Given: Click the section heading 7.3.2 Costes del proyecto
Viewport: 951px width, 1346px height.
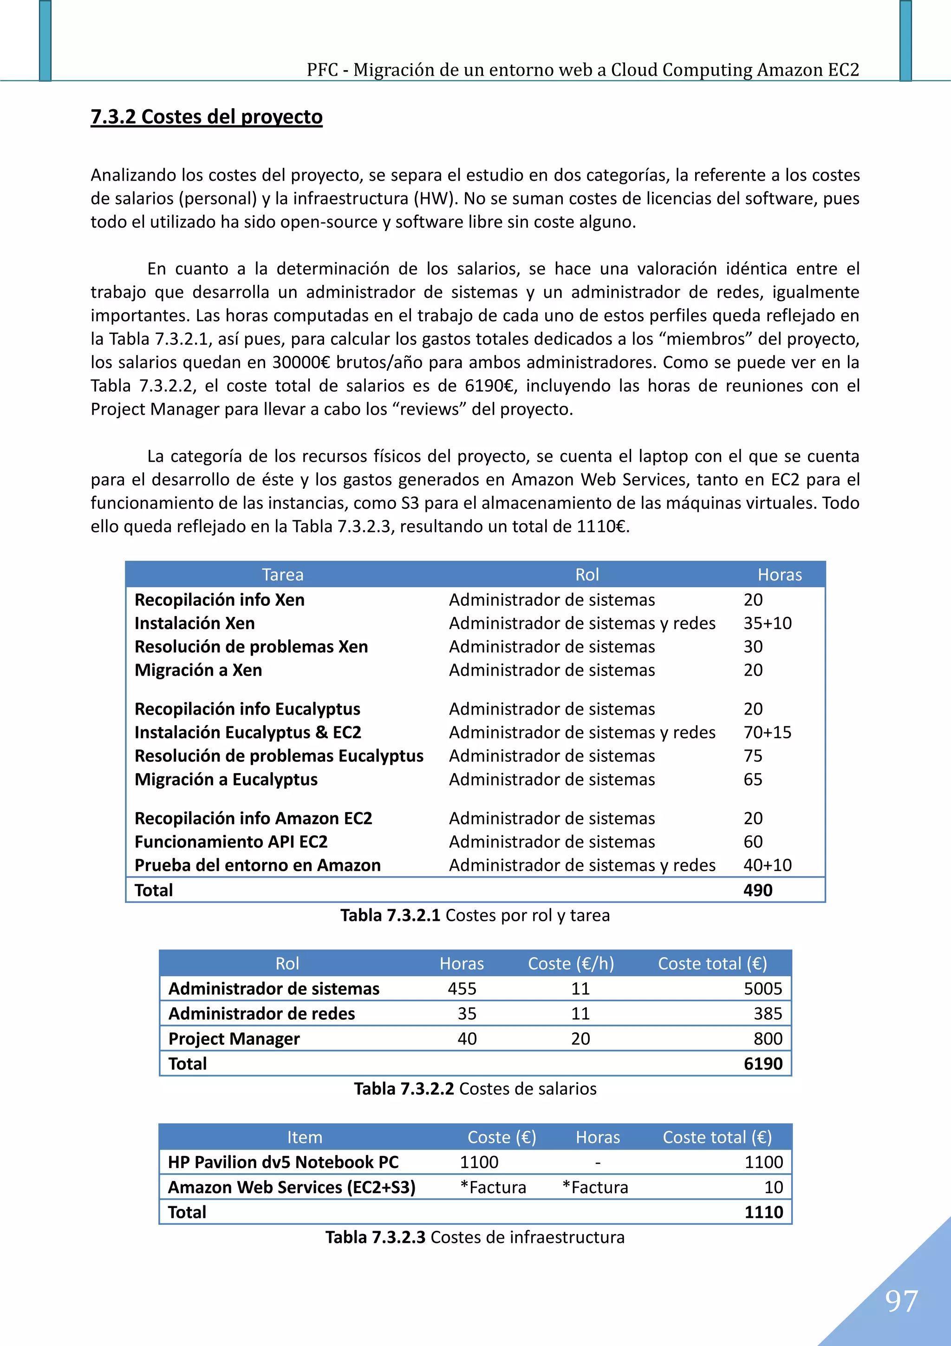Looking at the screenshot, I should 206,117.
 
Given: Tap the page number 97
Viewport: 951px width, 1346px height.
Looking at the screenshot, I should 901,1300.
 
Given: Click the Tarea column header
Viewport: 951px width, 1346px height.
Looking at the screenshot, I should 282,575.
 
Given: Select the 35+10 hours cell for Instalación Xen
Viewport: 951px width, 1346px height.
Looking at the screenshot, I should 767,623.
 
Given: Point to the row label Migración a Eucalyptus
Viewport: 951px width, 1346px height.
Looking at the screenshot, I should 226,779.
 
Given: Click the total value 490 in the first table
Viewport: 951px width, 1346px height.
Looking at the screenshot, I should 758,890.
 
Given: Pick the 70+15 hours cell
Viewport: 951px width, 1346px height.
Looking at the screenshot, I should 767,732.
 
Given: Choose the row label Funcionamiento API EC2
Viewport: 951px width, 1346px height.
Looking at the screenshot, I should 231,842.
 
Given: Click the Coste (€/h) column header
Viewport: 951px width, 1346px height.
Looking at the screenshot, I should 571,963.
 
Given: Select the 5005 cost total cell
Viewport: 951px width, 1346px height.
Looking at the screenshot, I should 762,988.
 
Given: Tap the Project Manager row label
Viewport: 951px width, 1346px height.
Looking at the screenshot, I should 234,1038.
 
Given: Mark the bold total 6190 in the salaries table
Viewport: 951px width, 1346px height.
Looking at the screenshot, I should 762,1064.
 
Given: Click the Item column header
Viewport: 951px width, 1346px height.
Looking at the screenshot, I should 304,1137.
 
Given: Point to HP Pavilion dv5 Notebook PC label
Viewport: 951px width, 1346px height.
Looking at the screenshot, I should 283,1162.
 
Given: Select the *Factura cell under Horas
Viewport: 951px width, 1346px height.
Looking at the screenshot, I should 595,1187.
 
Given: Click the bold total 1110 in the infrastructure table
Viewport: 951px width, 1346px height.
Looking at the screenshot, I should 763,1212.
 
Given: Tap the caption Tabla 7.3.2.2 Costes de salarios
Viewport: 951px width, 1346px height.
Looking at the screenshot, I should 475,1089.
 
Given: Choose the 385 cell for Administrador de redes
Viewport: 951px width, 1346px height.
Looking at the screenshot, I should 768,1014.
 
